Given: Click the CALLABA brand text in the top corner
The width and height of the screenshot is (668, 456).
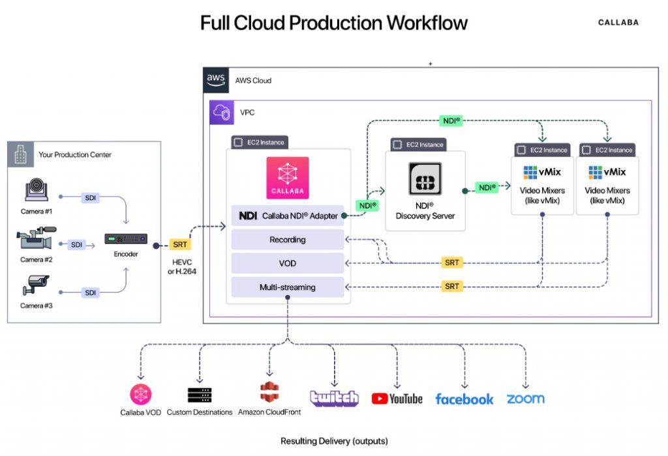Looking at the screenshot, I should [x=618, y=23].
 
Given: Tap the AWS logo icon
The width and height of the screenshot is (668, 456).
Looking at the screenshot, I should [x=216, y=79].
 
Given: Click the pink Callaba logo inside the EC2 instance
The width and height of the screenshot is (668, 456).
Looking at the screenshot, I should [x=287, y=177].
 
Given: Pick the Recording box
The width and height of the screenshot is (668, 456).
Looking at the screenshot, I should [x=287, y=240].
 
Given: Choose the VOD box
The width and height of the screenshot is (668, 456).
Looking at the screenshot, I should [x=287, y=263].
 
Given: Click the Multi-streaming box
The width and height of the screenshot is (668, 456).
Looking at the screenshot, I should [x=287, y=287].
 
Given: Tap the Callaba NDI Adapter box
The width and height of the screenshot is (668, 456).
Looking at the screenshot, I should [x=287, y=216].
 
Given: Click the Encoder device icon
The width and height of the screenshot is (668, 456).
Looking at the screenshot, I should [x=126, y=239].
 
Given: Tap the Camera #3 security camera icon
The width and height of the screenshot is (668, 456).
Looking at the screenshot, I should [x=36, y=285].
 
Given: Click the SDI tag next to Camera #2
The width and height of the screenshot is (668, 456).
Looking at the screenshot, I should [x=77, y=245].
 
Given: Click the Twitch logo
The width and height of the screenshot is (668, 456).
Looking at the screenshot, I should [x=334, y=398].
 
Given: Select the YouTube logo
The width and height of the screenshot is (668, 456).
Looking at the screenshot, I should [x=397, y=399].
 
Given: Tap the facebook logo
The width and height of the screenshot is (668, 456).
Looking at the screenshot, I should [x=464, y=399].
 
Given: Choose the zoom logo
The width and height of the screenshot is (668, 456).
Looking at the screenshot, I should [x=525, y=399].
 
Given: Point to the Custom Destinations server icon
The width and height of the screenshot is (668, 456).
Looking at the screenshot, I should [x=200, y=395].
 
